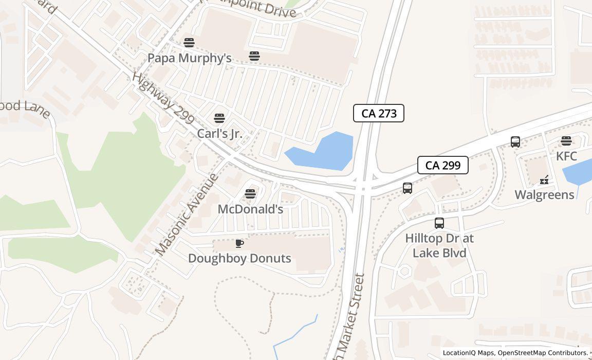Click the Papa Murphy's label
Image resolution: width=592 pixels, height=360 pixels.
[x=189, y=58]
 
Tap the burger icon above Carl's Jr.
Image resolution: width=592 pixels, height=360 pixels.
[x=219, y=118]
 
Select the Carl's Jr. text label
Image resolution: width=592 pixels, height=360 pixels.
[x=219, y=134]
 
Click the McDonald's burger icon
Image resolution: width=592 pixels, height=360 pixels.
[x=250, y=194]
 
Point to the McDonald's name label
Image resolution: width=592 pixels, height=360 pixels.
[x=250, y=209]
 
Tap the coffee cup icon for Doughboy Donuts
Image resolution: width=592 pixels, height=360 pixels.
[x=239, y=243]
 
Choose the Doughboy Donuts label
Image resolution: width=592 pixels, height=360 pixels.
[x=239, y=258]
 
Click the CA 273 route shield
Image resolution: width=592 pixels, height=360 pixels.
[x=379, y=113]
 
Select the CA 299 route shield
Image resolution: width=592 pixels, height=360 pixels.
[x=442, y=165]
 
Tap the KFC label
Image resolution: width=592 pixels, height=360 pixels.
[x=566, y=156]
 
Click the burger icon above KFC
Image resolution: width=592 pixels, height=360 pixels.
[x=566, y=141]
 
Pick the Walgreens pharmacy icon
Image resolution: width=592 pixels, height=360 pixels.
[x=544, y=180]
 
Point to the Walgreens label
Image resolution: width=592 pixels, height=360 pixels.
[x=544, y=195]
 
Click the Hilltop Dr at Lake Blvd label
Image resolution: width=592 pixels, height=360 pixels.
[x=439, y=245]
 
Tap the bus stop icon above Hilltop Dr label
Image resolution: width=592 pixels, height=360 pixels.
[x=439, y=223]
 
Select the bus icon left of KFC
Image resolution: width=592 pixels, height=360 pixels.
[x=515, y=142]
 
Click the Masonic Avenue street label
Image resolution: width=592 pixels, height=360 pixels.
[x=187, y=214]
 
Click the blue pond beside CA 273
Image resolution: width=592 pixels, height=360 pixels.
[x=324, y=152]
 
